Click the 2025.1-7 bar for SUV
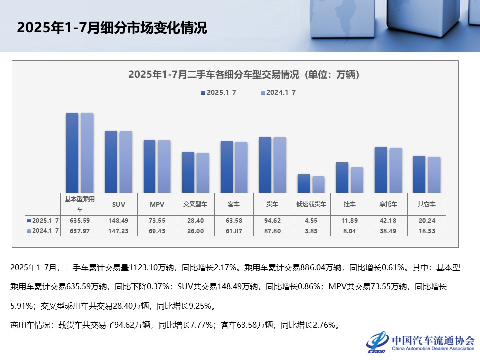click(111, 162)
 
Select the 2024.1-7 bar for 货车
click(280, 165)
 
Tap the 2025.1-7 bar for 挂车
click(342, 177)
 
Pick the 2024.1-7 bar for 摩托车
click(396, 170)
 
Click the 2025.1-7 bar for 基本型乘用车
click(72, 153)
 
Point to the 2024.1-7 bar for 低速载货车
click(319, 184)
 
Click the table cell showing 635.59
click(80, 220)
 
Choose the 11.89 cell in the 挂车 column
click(350, 220)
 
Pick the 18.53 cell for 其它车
click(427, 230)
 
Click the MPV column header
click(157, 205)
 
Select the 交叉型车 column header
click(196, 205)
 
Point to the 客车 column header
click(234, 205)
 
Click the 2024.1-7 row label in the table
click(43, 230)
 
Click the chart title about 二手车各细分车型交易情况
click(244, 75)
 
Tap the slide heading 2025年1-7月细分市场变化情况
click(112, 28)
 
